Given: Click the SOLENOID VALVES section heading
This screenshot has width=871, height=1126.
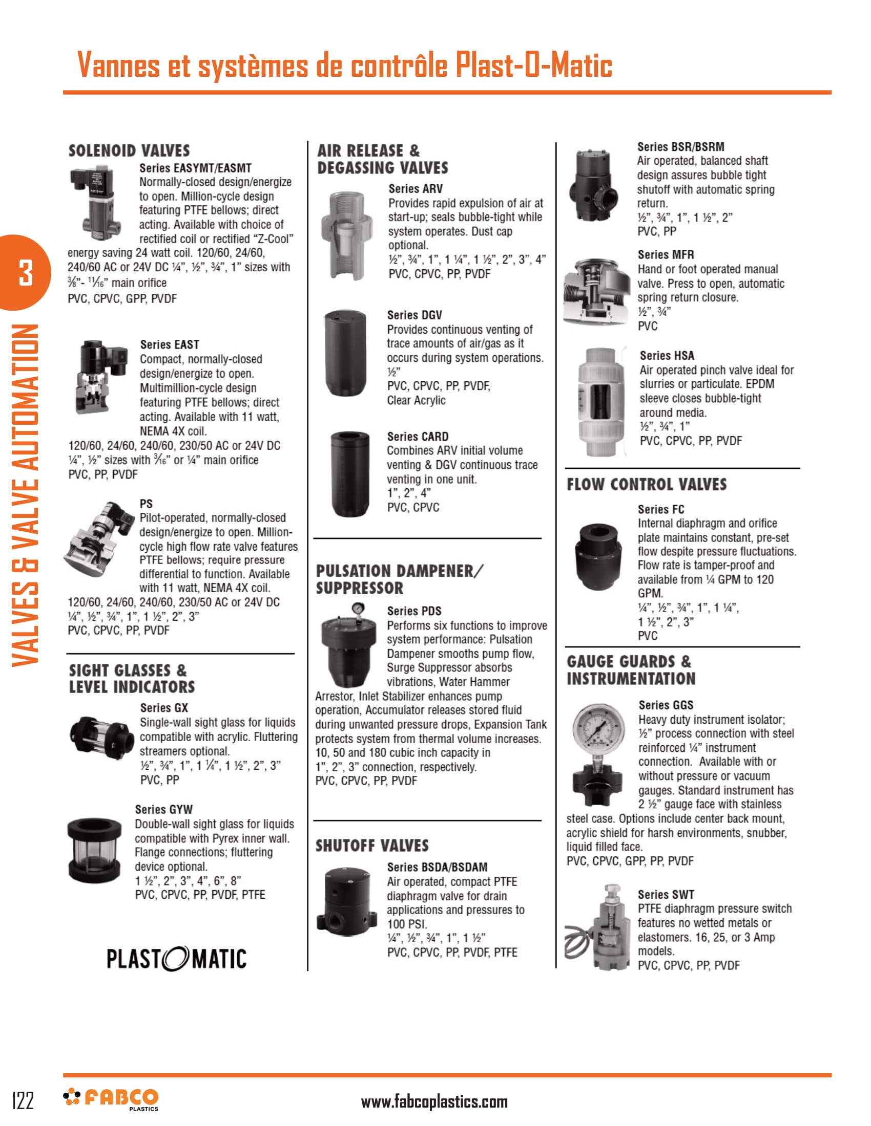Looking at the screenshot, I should tap(129, 150).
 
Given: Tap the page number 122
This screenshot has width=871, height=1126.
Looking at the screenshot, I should tap(23, 1101).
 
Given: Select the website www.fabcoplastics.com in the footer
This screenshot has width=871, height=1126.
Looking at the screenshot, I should tap(434, 1102).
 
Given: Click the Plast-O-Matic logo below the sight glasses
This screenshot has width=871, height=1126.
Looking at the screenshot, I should tap(176, 959).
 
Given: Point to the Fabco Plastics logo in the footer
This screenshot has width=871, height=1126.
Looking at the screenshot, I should tap(111, 1099).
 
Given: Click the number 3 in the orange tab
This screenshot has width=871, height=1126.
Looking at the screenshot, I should tap(25, 273).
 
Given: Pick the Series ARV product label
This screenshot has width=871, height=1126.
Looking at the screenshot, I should tap(415, 189).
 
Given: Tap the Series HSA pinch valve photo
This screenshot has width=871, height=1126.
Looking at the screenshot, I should tap(598, 402).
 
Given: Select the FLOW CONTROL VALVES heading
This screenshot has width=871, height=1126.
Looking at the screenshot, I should tap(646, 485).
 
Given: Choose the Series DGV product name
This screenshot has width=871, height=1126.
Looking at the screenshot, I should tap(414, 315).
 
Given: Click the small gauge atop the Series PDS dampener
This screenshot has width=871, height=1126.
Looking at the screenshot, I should tap(357, 609).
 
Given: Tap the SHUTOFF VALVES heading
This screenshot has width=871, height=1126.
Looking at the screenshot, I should tap(371, 846).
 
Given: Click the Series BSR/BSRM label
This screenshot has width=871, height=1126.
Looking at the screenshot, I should tap(680, 147).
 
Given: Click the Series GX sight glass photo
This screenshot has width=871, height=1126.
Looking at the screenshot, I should tap(101, 736).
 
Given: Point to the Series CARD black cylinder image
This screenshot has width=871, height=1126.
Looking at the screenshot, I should tap(349, 473).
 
